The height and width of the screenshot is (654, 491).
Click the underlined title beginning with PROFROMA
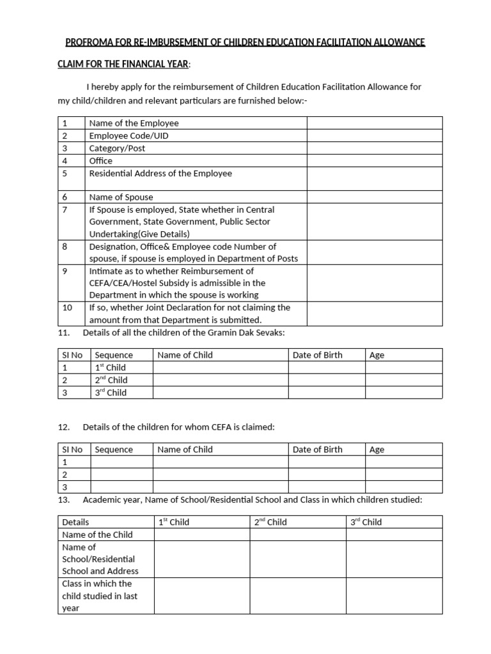coord(245,43)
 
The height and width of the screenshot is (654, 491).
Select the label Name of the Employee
coord(134,123)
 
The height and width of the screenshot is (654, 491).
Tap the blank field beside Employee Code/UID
coord(374,135)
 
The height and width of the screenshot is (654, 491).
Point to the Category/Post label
coord(117,148)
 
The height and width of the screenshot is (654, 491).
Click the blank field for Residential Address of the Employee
coord(374,178)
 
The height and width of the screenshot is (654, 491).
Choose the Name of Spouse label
coord(121,197)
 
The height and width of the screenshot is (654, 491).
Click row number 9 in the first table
coord(65,271)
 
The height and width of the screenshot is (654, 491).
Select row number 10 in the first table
coord(67,307)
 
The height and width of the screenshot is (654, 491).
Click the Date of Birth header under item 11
coord(317,355)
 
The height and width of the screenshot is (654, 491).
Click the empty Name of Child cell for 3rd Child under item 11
coord(221,393)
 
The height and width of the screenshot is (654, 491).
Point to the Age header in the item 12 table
coord(377,450)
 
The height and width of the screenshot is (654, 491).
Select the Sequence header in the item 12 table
coord(114,450)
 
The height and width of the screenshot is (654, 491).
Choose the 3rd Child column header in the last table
coord(366,522)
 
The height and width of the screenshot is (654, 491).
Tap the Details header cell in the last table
coord(75,522)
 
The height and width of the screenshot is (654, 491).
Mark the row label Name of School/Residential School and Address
coord(100,559)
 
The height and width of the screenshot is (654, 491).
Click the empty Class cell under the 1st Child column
coord(201,596)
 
